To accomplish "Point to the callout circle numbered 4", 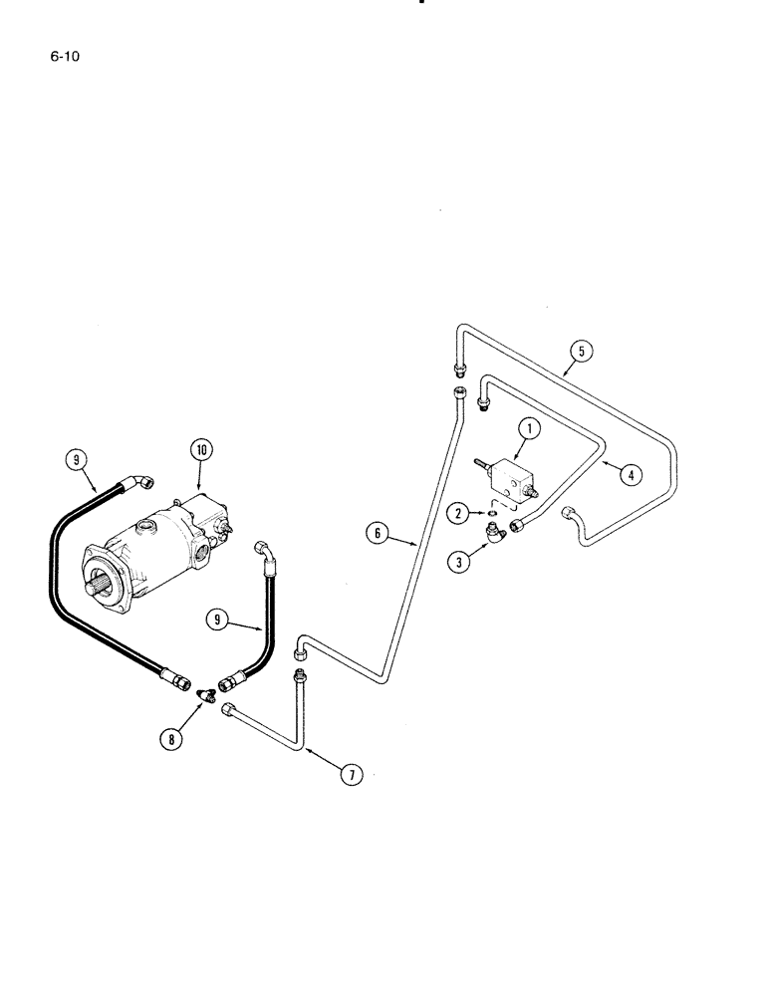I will [x=629, y=475].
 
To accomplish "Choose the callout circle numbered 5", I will [x=581, y=350].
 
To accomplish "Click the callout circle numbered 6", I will [x=376, y=533].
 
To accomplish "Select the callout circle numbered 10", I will [x=202, y=450].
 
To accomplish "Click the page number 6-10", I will [x=64, y=56].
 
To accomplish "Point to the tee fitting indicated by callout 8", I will [x=205, y=693].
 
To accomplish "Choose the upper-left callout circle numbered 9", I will [x=74, y=459].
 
